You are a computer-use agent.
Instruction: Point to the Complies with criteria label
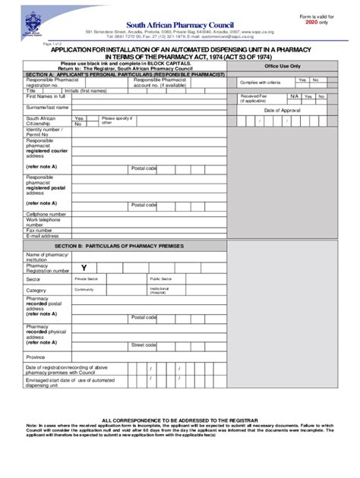click(261, 82)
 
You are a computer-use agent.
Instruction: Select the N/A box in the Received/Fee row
click(294, 96)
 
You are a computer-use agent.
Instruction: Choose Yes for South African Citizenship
click(79, 119)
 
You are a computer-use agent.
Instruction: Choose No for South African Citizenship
click(79, 124)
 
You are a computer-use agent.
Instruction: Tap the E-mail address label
click(43, 236)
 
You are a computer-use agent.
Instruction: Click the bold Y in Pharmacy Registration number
click(84, 268)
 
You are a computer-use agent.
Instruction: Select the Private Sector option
click(87, 279)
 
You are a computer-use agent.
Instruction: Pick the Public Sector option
click(160, 279)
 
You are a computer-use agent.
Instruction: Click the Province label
click(36, 357)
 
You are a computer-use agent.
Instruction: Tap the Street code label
click(144, 344)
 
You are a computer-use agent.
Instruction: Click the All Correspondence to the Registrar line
click(181, 419)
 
